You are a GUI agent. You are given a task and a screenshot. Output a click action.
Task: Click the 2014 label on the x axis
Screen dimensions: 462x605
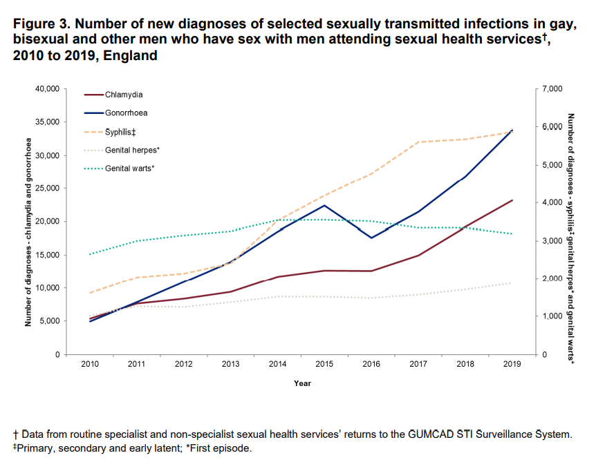click(277, 364)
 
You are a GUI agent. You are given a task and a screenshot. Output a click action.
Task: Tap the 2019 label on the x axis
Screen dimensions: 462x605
click(512, 364)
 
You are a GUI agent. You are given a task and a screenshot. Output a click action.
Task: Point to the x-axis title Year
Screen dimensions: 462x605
click(302, 383)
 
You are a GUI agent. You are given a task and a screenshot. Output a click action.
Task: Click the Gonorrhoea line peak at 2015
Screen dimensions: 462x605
click(324, 205)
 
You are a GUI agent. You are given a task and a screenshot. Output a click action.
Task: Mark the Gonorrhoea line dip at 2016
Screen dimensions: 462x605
click(371, 238)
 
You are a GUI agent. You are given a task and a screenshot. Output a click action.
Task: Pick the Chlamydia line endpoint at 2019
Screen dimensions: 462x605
click(512, 200)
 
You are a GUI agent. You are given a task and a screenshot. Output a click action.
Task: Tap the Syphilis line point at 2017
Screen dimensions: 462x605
click(418, 142)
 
